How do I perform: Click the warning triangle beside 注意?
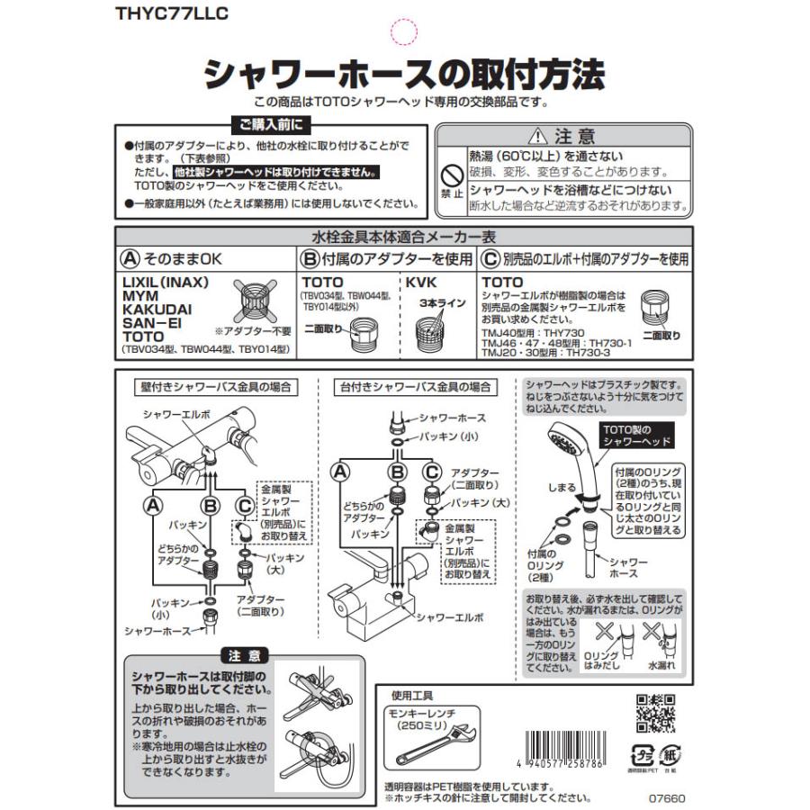tap(538, 137)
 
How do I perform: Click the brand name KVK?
tap(421, 282)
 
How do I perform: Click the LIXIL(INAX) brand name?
tap(165, 282)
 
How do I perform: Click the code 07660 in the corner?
tap(667, 796)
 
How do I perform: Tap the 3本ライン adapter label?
tap(443, 303)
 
